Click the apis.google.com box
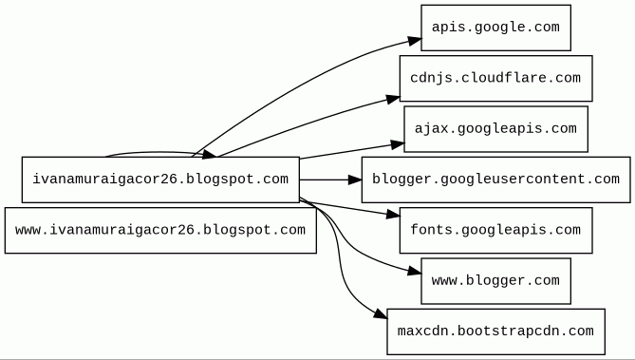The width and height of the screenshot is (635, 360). coord(495,28)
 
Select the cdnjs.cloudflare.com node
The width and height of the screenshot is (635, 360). coord(495,78)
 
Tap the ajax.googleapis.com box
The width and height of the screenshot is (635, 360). coord(495,129)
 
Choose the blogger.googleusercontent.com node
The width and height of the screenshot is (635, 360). coord(495,180)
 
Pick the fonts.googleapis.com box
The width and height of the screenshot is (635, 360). coord(495,230)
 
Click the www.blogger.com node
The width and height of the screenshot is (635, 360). coord(495,281)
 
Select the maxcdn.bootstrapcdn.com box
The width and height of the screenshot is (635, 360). coord(495,332)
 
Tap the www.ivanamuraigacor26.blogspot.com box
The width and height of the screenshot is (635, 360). coord(160,230)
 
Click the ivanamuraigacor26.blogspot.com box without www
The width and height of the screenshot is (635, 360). coord(160,180)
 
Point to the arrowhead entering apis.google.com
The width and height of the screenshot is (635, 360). coord(414,41)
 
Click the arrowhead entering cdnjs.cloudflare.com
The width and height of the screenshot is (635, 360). coord(393,99)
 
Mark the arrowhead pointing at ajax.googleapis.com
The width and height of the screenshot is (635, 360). coord(398,144)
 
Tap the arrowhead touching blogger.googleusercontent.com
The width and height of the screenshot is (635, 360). coord(355,180)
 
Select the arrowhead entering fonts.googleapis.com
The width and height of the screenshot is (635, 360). coord(393,215)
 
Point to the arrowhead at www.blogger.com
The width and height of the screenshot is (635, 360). coord(414,272)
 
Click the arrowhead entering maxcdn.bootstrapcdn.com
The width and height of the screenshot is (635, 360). coord(381,313)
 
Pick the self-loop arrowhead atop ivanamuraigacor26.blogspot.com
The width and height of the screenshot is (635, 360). coord(209,155)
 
